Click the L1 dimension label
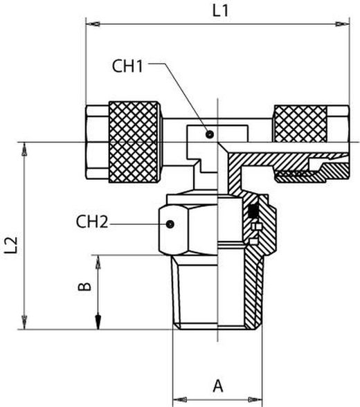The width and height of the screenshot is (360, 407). click(220, 11)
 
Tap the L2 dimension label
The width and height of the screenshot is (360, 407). click(11, 245)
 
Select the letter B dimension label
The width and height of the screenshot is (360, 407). click(85, 287)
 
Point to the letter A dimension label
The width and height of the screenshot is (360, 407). click(218, 386)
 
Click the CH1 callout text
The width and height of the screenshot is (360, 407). click(127, 66)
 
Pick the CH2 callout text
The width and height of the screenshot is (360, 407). click(92, 222)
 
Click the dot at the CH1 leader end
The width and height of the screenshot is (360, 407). click(210, 134)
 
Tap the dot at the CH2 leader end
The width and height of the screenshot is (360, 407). click(170, 224)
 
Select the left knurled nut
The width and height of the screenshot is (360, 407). click(134, 142)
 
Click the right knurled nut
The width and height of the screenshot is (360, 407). click(300, 124)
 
